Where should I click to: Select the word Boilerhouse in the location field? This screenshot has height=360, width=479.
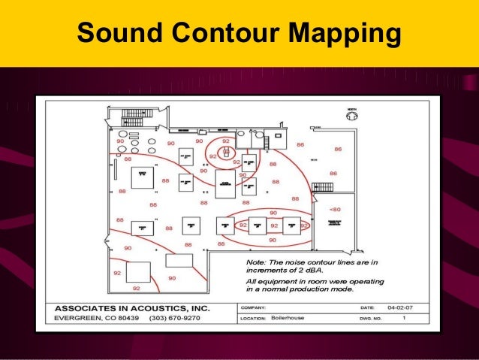(x=290, y=319)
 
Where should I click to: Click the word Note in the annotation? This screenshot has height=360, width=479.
(x=256, y=262)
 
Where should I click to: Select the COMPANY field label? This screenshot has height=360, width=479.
(x=252, y=308)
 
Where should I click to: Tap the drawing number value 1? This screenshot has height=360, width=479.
(x=404, y=319)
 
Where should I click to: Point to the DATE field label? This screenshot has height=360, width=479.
(x=367, y=308)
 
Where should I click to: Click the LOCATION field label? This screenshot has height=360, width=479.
(x=253, y=319)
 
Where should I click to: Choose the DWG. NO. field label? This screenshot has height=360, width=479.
(x=372, y=319)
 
